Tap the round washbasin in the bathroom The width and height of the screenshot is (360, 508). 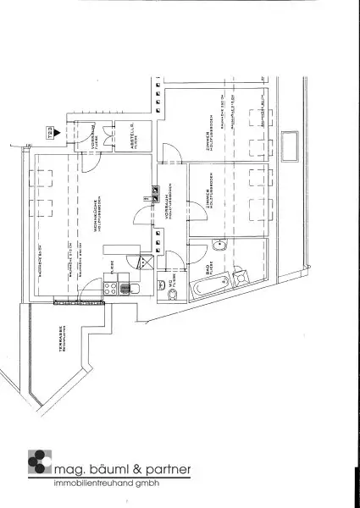221,246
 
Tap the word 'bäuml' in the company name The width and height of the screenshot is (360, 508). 106,469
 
